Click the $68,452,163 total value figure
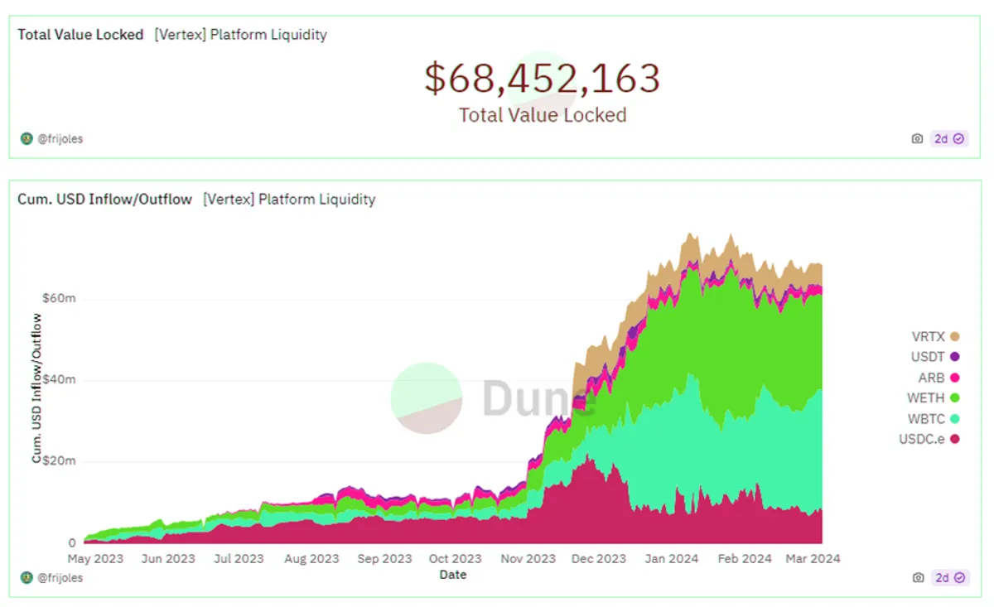(x=543, y=79)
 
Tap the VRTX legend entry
(x=935, y=337)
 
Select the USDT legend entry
(x=935, y=357)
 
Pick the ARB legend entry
(x=939, y=378)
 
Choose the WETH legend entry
(x=934, y=398)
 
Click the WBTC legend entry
(x=934, y=419)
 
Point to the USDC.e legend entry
(x=929, y=439)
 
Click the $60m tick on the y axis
(x=59, y=298)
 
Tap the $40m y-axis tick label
(x=59, y=379)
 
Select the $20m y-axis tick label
(x=59, y=460)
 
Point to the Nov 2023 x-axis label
(x=528, y=559)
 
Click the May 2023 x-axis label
(x=95, y=559)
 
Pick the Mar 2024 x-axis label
(x=813, y=559)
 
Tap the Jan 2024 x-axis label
(x=672, y=559)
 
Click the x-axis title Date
(x=452, y=575)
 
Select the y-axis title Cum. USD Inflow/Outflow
(x=36, y=388)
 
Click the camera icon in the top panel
(x=917, y=139)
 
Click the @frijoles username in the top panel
(x=60, y=139)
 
